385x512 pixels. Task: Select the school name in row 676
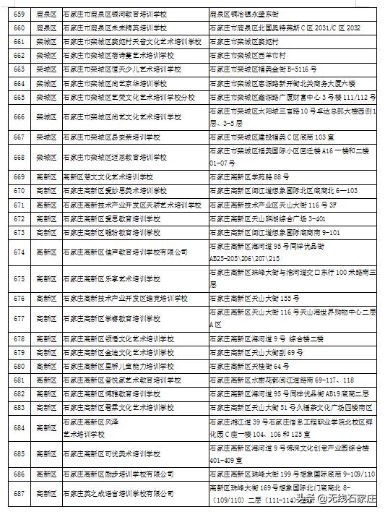(126, 298)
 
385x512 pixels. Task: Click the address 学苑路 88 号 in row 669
(246, 177)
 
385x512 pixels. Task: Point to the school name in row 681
(118, 380)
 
